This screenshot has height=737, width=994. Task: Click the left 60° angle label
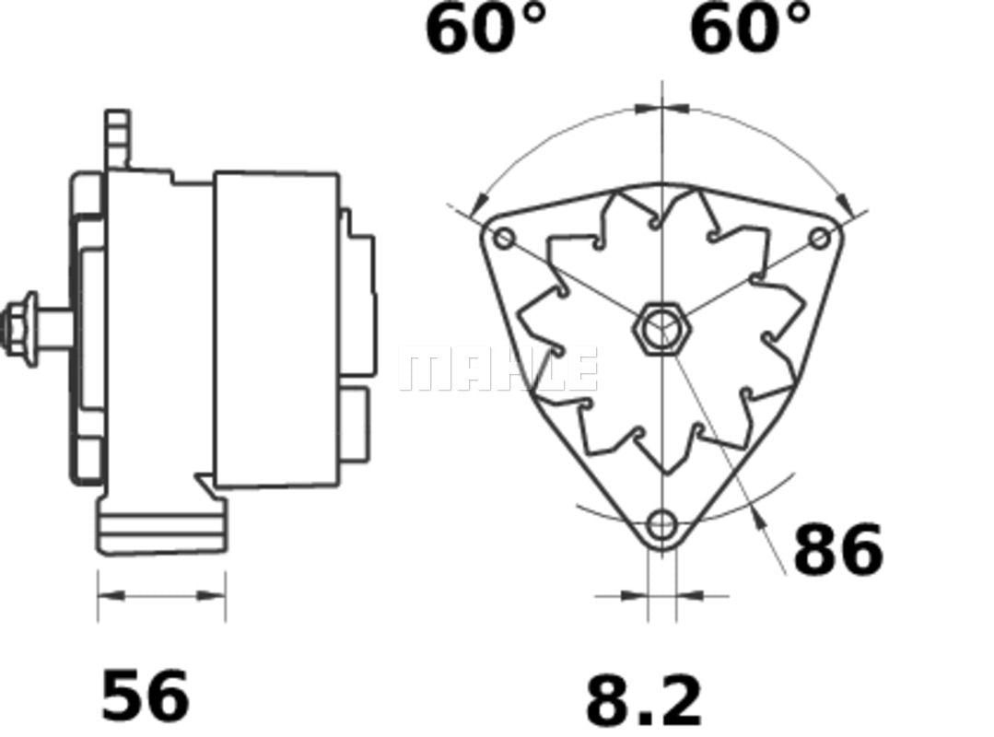click(485, 29)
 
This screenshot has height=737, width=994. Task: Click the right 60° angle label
click(750, 29)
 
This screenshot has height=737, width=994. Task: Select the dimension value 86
click(838, 548)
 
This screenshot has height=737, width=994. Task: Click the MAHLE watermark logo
click(499, 368)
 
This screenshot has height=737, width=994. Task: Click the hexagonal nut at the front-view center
click(662, 328)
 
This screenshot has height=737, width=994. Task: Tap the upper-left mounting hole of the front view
click(505, 239)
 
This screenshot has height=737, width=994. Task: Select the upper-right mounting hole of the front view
click(820, 239)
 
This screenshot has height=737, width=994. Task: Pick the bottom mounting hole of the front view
click(662, 524)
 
